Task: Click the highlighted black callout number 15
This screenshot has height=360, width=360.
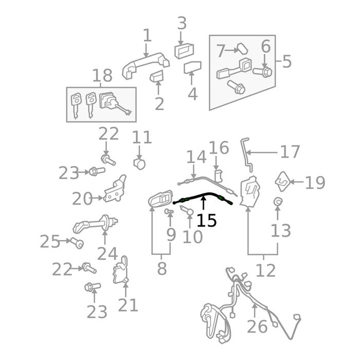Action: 206,221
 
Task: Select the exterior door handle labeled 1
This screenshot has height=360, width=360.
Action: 146,65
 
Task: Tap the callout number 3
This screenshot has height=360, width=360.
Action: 182,23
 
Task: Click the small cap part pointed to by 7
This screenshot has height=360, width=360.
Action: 242,48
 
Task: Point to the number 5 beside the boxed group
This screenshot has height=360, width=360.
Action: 287,61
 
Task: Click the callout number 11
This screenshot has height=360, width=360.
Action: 142,137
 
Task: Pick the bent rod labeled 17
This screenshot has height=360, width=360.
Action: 247,154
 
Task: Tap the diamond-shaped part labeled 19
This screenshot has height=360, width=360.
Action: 283,182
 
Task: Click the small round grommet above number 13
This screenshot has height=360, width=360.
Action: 278,202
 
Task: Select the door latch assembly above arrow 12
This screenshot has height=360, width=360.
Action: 250,191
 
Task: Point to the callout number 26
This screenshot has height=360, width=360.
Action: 257,327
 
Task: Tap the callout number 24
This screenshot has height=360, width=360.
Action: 107,254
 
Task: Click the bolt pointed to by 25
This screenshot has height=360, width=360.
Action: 77,243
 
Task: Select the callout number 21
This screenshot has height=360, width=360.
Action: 128,304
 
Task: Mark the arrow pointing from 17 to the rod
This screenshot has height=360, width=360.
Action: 261,152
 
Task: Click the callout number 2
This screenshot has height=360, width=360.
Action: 159,104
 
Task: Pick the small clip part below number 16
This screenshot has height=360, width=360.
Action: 219,176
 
